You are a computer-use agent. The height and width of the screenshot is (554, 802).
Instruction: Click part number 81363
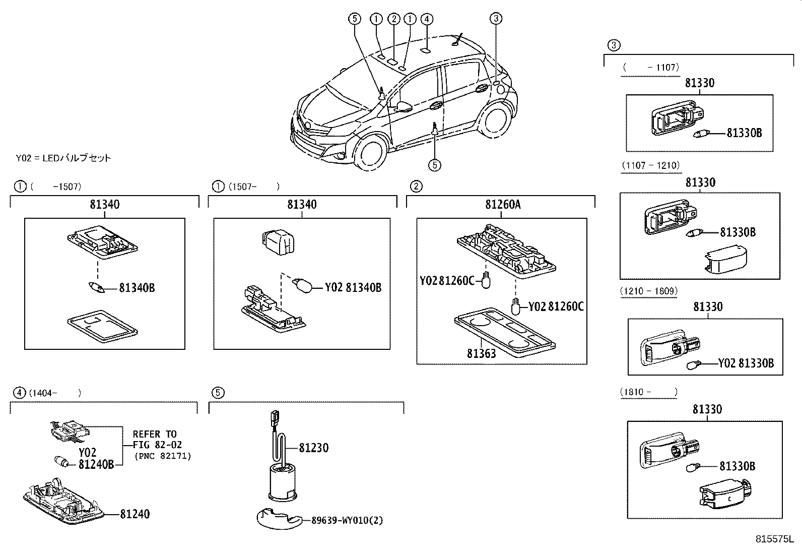point(481,353)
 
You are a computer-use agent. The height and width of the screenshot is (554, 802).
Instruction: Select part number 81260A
point(503,204)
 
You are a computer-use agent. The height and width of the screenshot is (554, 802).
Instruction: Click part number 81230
point(313,448)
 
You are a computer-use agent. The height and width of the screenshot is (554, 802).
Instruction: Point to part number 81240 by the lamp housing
point(135,514)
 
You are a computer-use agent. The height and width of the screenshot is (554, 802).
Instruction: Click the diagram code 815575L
point(774,539)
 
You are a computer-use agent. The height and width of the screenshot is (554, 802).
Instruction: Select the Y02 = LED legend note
point(63,158)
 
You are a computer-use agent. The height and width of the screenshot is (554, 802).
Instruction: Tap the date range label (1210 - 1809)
point(649,291)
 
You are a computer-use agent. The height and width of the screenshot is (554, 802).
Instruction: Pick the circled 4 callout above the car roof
point(427,19)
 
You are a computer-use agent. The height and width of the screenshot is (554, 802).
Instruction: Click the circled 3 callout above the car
point(496,19)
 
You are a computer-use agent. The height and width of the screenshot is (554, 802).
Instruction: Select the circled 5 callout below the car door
point(434,164)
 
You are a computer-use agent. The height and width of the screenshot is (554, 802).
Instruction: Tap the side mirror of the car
point(405,106)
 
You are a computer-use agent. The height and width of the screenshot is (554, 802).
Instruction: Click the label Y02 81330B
point(746,363)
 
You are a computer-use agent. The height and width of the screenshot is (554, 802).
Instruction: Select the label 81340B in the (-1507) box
point(137,288)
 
